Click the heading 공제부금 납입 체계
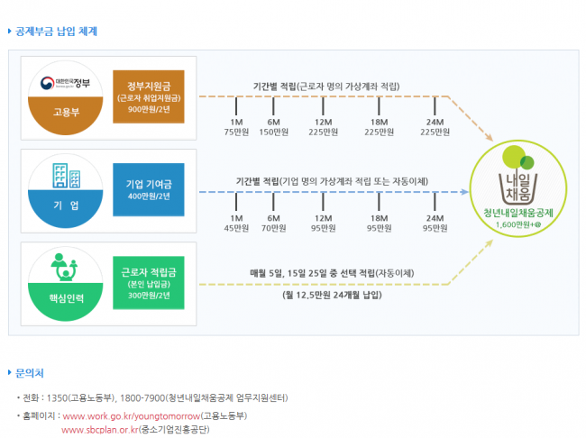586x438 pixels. click(x=56, y=32)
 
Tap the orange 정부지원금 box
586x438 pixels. click(x=149, y=96)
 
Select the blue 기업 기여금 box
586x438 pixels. click(x=149, y=189)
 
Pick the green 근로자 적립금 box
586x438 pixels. click(x=149, y=282)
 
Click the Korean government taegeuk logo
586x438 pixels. click(x=48, y=83)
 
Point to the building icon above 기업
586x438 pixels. click(x=66, y=175)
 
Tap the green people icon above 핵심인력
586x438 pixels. click(x=64, y=267)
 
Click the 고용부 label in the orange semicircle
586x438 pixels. click(x=66, y=112)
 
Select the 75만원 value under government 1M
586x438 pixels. click(x=236, y=132)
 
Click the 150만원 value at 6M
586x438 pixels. click(x=273, y=132)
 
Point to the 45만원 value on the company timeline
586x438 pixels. click(x=236, y=228)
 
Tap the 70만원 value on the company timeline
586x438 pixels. click(x=273, y=228)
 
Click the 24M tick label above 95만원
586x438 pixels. click(x=435, y=218)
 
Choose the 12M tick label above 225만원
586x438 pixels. click(x=324, y=123)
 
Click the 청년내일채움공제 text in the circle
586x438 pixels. click(x=518, y=213)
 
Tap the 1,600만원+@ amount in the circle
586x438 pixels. click(x=518, y=224)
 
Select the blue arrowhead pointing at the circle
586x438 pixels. click(x=465, y=192)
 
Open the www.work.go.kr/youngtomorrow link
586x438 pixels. click(x=132, y=416)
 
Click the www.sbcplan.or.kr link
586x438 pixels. click(x=100, y=430)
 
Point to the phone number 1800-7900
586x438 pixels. click(x=142, y=398)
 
